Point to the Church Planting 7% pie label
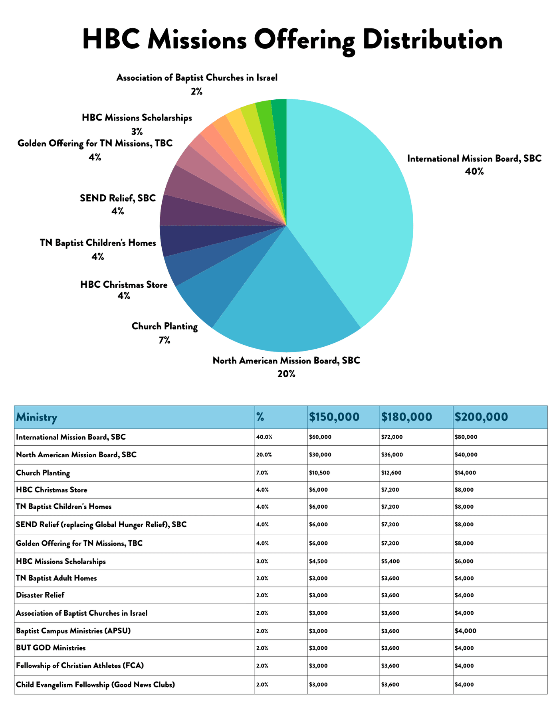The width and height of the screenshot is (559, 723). coord(165,333)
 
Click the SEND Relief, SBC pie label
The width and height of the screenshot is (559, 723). coord(118,204)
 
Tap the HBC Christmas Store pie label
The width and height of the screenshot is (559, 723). coord(124,290)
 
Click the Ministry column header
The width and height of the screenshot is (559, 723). coord(36,417)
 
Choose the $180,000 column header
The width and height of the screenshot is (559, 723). coord(406,417)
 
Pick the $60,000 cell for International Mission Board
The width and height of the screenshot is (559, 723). coord(320,437)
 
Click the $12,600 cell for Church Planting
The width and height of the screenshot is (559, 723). coord(391,473)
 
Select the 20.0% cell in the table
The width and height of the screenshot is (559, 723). coord(264,455)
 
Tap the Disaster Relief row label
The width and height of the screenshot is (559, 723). coord(40,595)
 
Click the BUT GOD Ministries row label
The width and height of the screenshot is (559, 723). coord(51,648)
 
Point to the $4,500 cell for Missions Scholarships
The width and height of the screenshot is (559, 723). coord(319,561)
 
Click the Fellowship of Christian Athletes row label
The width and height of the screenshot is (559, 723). coord(80,666)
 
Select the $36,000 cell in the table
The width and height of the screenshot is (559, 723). coord(392,455)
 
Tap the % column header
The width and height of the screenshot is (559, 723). coord(260,417)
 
